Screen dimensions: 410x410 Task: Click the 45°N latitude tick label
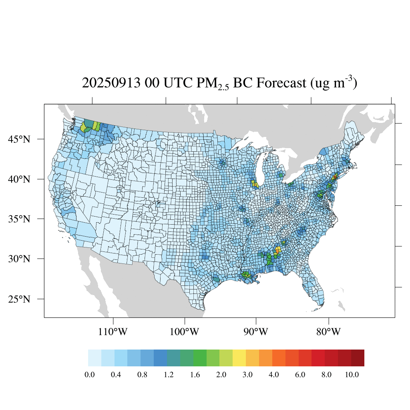tap(20, 139)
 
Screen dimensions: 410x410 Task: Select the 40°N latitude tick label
tap(20, 179)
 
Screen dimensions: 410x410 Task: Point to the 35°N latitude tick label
tap(20, 219)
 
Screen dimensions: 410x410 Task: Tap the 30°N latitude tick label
tap(20, 259)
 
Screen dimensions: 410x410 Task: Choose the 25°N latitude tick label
tap(20, 299)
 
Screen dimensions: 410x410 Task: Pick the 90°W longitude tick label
tap(256, 332)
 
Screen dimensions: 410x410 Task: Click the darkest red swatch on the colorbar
tap(358, 358)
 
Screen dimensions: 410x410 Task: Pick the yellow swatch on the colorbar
tap(239, 358)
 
